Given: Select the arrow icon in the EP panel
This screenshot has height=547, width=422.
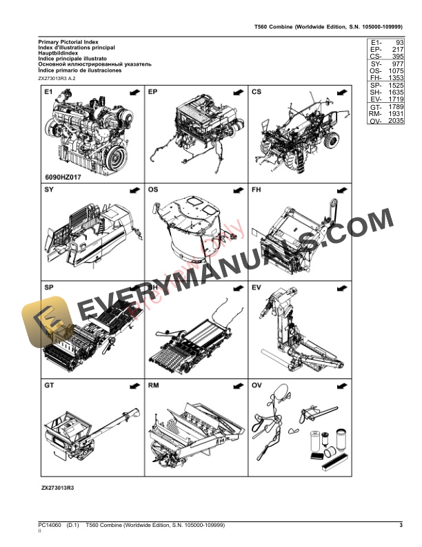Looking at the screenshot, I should pos(237,91).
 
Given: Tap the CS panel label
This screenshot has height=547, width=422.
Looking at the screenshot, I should pos(257,91).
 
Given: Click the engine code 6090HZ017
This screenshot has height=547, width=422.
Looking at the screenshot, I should pos(63,176).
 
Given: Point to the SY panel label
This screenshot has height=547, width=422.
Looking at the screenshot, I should pos(49,189).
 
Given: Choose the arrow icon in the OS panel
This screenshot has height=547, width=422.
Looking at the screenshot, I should pos(237,189).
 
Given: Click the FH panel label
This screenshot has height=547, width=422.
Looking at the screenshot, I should pos(257,189).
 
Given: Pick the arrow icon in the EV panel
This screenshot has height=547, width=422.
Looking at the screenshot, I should pos(341,287).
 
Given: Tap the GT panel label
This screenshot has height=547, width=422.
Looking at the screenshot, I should pos(49,385).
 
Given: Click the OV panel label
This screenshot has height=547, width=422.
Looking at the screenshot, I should pos(257,385).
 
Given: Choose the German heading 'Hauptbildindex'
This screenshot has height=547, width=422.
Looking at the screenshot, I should pos(61,54).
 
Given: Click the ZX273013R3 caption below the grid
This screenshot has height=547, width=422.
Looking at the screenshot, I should pos(57,488).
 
